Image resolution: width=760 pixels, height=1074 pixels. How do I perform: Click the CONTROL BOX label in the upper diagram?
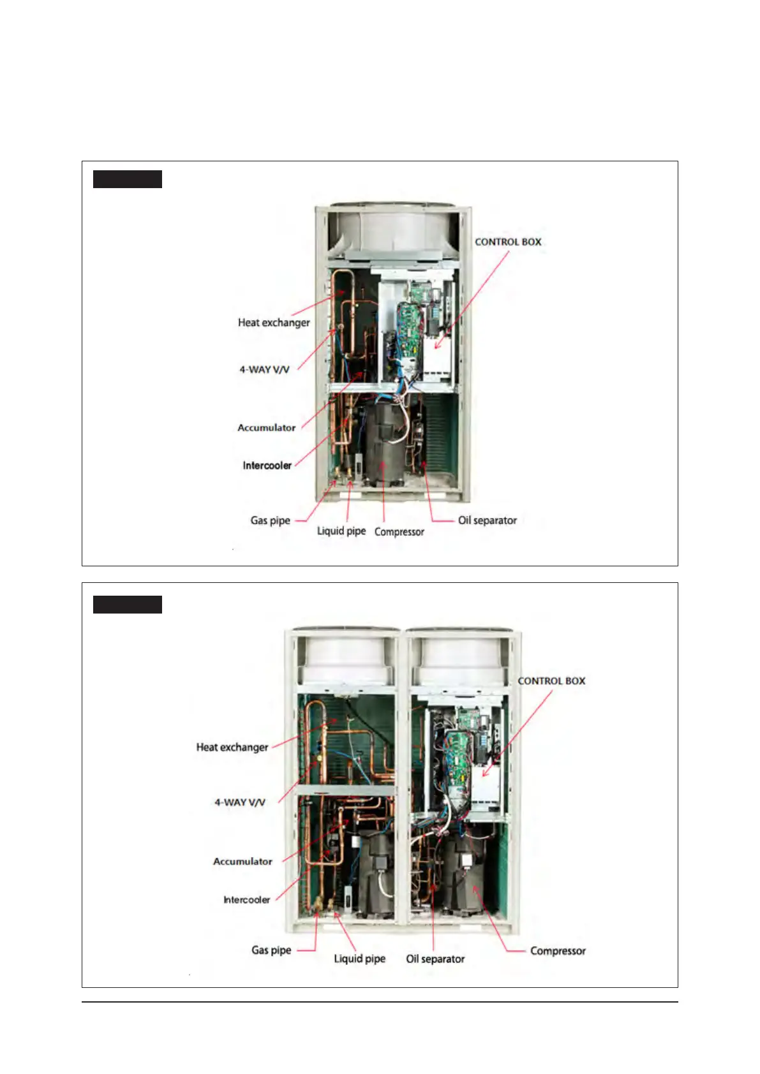click(508, 242)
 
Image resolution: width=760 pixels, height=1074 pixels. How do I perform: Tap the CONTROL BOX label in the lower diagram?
click(551, 681)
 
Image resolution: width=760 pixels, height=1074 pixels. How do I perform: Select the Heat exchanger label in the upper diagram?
click(274, 323)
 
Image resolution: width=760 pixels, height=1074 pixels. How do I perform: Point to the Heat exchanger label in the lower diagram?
click(232, 747)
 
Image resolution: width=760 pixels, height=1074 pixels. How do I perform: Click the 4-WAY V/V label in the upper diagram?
click(264, 369)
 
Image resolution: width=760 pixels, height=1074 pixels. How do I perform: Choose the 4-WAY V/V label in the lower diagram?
click(240, 802)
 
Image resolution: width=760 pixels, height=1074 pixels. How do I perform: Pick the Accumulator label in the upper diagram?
click(266, 427)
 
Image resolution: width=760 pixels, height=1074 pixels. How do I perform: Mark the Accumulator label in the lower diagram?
click(242, 862)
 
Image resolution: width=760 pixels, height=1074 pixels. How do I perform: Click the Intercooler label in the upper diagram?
click(267, 466)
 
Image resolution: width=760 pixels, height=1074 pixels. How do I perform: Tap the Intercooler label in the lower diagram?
click(246, 900)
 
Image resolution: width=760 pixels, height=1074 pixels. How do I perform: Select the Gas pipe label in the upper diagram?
click(270, 520)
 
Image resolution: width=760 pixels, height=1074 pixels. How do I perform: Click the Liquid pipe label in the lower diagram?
click(360, 959)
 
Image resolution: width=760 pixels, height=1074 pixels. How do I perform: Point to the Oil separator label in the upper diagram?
click(488, 520)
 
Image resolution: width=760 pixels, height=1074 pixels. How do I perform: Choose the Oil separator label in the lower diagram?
click(435, 959)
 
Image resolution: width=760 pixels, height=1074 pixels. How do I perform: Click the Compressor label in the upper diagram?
click(399, 532)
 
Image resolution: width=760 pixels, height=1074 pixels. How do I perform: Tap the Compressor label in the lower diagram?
click(558, 951)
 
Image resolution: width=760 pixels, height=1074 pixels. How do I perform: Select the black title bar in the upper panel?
click(128, 179)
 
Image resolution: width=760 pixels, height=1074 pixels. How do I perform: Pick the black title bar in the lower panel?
click(128, 605)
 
